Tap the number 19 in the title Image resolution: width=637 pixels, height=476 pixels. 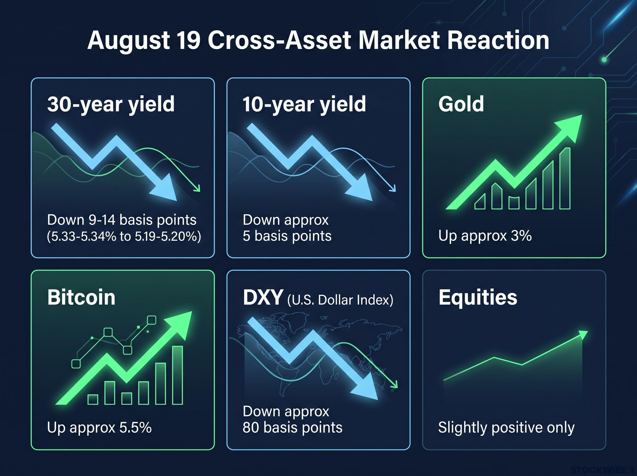pyautogui.click(x=190, y=40)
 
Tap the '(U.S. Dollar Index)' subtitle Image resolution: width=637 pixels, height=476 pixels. pyautogui.click(x=340, y=300)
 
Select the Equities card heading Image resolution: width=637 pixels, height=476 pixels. pyautogui.click(x=478, y=298)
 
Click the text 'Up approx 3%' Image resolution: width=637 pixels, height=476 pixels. pyautogui.click(x=485, y=236)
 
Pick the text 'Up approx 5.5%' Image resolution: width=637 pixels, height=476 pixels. pyautogui.click(x=99, y=428)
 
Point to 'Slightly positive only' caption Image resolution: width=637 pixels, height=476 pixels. pyautogui.click(x=506, y=428)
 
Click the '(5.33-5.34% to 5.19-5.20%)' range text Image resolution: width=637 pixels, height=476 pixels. pyautogui.click(x=124, y=236)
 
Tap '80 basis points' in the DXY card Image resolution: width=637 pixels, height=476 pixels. pyautogui.click(x=292, y=428)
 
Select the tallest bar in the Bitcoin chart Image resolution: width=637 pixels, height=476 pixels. pyautogui.click(x=178, y=375)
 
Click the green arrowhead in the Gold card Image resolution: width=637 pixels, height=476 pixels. pyautogui.click(x=567, y=127)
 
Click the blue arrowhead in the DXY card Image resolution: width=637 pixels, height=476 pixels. pyautogui.click(x=365, y=388)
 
